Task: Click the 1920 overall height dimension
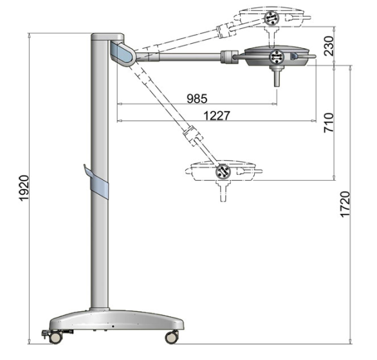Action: tap(24, 188)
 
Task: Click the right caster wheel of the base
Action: tap(172, 336)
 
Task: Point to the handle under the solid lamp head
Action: tap(276, 78)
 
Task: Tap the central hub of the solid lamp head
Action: tap(277, 58)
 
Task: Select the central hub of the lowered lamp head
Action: tap(223, 172)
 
